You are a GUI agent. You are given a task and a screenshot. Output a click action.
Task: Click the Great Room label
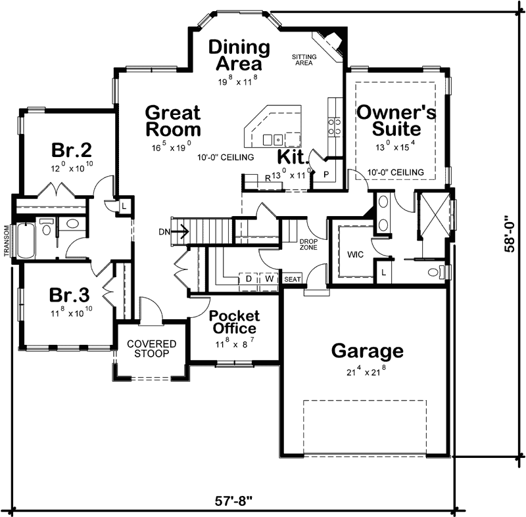[x=173, y=120]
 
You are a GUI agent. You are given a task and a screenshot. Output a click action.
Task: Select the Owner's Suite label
[x=396, y=120]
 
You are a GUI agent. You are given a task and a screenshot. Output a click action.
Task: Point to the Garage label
[x=367, y=351]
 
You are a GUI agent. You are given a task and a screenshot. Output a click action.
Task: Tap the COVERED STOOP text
[x=152, y=349]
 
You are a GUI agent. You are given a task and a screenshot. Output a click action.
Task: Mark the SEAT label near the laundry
[x=292, y=279]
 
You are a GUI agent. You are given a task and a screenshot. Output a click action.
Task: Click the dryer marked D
[x=249, y=279]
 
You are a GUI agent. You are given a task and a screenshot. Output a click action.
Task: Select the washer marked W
[x=269, y=279]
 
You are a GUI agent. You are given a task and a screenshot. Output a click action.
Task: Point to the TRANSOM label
[x=7, y=240]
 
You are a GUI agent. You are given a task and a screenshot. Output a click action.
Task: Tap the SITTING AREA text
[x=304, y=60]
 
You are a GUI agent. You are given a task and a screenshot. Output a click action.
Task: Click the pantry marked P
[x=325, y=174]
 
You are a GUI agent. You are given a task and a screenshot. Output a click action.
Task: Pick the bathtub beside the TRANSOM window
[x=26, y=241]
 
